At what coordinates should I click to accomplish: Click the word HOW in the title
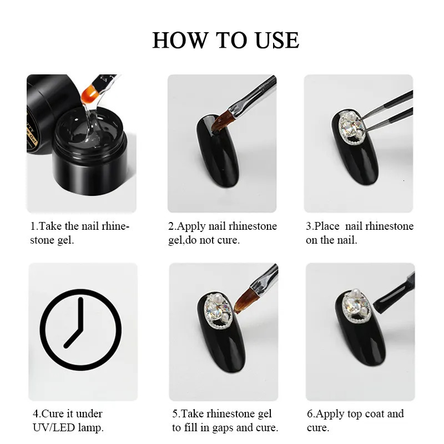pyautogui.click(x=179, y=40)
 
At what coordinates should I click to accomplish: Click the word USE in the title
pyautogui.click(x=277, y=40)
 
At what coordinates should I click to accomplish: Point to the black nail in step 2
pyautogui.click(x=218, y=151)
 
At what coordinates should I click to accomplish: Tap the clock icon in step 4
pyautogui.click(x=80, y=330)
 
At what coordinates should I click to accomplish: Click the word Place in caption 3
pyautogui.click(x=327, y=226)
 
